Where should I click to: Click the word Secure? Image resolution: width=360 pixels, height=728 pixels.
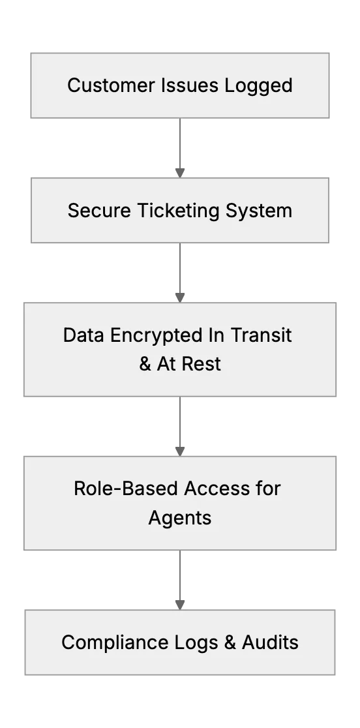point(99,210)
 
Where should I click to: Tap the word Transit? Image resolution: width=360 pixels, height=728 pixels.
point(261,335)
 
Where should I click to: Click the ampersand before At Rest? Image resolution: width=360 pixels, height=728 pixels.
point(145,364)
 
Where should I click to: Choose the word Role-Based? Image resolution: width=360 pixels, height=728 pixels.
point(126,489)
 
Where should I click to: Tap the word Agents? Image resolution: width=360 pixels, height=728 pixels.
point(180,518)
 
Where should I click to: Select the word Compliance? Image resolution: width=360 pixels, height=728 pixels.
point(115,643)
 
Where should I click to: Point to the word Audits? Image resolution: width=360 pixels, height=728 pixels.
point(271,643)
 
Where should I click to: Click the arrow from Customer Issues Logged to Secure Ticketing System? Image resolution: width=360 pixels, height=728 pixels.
point(180,147)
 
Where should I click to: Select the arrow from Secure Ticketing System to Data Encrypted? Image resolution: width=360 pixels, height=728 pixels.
point(180,273)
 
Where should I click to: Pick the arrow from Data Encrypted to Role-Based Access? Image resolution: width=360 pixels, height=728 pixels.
point(180,426)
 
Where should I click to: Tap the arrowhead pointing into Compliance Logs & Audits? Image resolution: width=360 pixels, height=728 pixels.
point(180,605)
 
